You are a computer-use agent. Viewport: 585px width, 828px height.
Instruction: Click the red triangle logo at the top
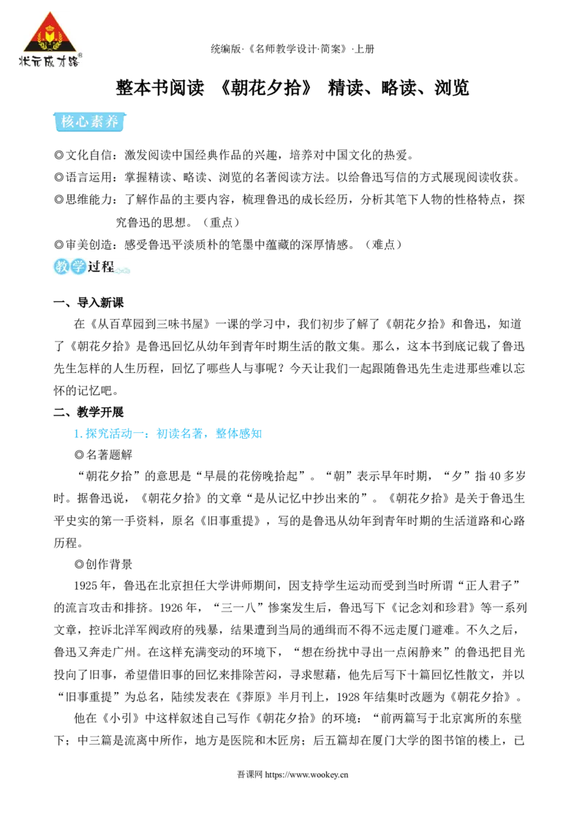click(49, 31)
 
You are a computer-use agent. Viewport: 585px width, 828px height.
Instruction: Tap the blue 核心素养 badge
click(90, 122)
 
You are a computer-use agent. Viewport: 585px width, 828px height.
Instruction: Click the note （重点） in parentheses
click(222, 222)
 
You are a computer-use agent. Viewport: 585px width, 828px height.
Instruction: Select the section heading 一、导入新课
click(88, 303)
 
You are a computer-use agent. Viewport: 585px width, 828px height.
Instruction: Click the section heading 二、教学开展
click(88, 412)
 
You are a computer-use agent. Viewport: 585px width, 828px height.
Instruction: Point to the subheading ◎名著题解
click(104, 455)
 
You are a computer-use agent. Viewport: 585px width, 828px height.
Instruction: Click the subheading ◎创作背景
click(104, 564)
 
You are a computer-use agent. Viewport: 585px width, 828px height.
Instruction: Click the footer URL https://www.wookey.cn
click(306, 775)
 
